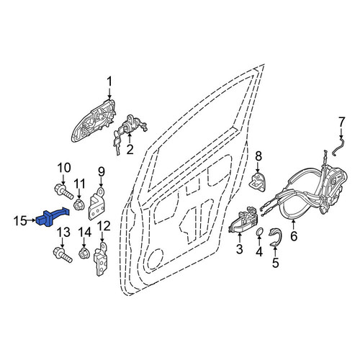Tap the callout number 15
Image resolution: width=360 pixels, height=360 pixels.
[x=20, y=221]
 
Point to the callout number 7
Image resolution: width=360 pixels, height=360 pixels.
[x=341, y=122]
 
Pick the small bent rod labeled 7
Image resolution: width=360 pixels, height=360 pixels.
[x=338, y=146]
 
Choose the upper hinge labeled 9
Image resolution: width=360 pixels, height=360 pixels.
[x=98, y=204]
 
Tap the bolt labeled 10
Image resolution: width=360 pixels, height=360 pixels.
[x=63, y=192]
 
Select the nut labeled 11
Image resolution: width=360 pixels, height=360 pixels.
[x=78, y=204]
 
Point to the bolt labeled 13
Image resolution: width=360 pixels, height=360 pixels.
[x=62, y=254]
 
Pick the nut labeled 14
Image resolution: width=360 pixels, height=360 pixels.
[x=84, y=253]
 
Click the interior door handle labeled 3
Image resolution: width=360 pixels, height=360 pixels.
[x=243, y=220]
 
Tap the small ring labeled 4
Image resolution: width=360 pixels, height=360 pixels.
[x=259, y=233]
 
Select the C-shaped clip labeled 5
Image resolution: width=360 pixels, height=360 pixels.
[x=276, y=237]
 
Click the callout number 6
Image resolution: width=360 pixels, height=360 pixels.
[x=294, y=236]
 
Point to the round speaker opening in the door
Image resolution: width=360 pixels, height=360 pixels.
[x=155, y=259]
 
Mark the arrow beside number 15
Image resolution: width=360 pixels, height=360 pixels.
[x=32, y=220]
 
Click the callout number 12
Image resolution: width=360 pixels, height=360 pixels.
[x=104, y=226]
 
